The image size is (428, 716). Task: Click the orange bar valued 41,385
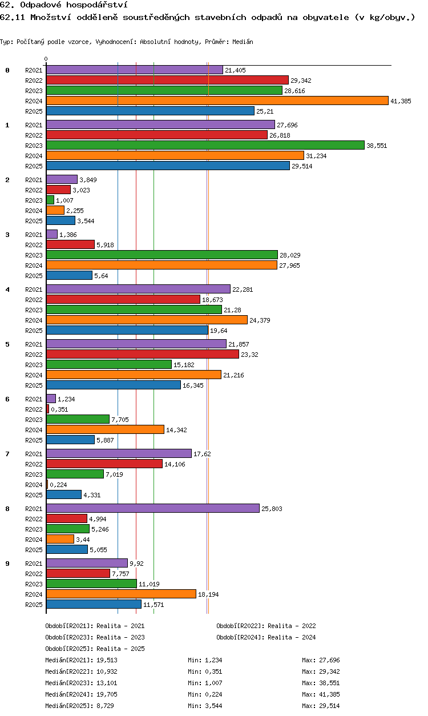(217, 100)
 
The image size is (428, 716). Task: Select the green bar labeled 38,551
(205, 145)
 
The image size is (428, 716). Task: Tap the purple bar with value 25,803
(153, 508)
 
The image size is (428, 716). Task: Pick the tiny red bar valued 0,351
(47, 409)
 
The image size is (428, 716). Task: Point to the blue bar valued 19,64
(127, 330)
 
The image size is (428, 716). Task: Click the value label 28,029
(290, 255)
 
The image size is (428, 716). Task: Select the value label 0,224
(58, 485)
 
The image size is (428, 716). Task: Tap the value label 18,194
(208, 594)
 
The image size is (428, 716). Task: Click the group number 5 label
(7, 344)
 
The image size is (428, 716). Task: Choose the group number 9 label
(7, 564)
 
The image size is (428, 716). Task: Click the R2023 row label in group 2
(34, 200)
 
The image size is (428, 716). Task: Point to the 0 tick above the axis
(46, 59)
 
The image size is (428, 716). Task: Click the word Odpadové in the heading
(41, 5)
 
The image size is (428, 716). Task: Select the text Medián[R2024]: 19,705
(81, 694)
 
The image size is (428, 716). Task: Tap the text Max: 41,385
(321, 694)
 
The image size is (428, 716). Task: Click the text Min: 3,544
(205, 706)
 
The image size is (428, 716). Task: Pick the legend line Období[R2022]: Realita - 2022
(266, 626)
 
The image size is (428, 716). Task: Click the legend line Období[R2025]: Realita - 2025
(95, 649)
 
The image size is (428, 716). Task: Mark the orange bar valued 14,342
(105, 429)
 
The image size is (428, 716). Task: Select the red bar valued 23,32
(143, 354)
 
